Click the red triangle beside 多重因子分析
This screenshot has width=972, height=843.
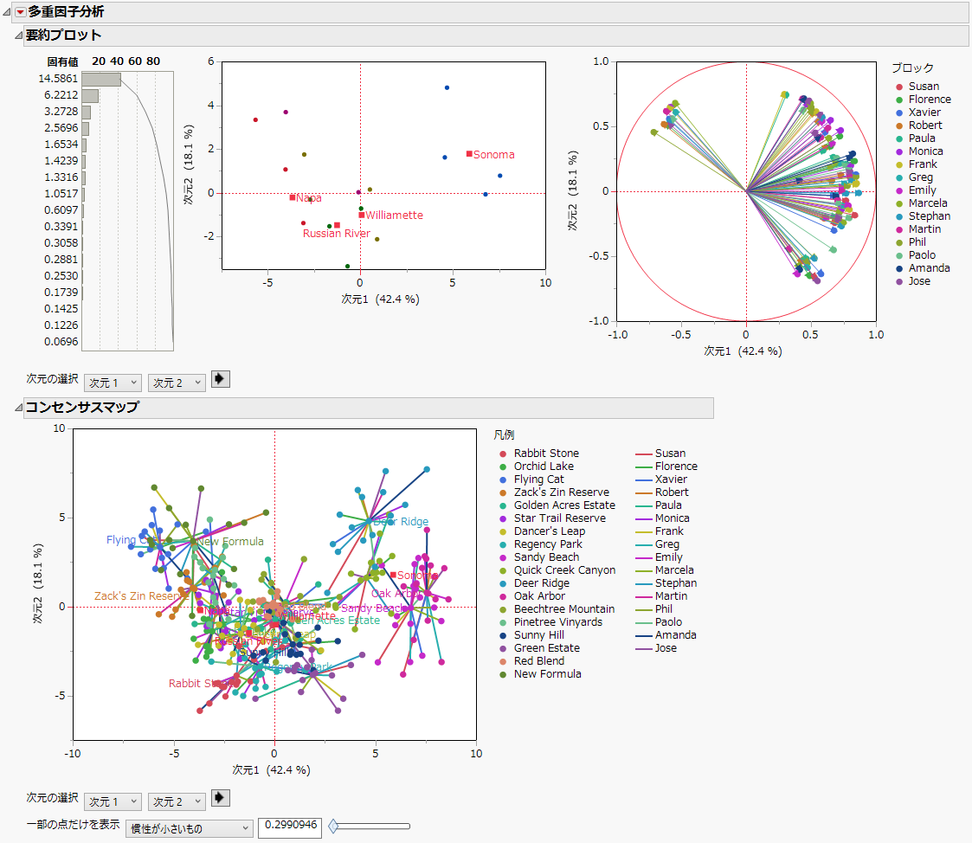pos(21,12)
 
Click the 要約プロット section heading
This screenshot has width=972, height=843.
pos(63,35)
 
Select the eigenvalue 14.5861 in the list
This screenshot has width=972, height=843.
pos(58,79)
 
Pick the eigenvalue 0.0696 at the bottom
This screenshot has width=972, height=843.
pos(61,342)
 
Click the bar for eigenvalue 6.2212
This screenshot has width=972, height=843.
pos(90,95)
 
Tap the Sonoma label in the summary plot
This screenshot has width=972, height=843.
pos(493,155)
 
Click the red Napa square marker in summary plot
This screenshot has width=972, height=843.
pos(293,197)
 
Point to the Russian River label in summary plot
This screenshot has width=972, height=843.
pos(336,234)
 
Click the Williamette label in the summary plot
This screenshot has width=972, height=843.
pos(394,216)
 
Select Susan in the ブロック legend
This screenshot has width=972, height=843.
pos(924,87)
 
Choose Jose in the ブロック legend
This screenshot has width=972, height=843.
pos(920,281)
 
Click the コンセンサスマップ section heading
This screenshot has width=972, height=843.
pos(81,408)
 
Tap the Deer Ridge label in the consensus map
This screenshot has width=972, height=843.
pos(401,522)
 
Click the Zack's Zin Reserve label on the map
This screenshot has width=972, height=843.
pos(141,596)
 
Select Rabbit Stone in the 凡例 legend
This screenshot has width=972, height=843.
pos(546,454)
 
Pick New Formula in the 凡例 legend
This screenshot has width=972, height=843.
pos(547,674)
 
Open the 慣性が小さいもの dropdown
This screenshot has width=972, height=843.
pos(190,828)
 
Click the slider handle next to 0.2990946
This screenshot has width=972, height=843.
pos(333,827)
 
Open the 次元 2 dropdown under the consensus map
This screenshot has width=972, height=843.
pos(177,801)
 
